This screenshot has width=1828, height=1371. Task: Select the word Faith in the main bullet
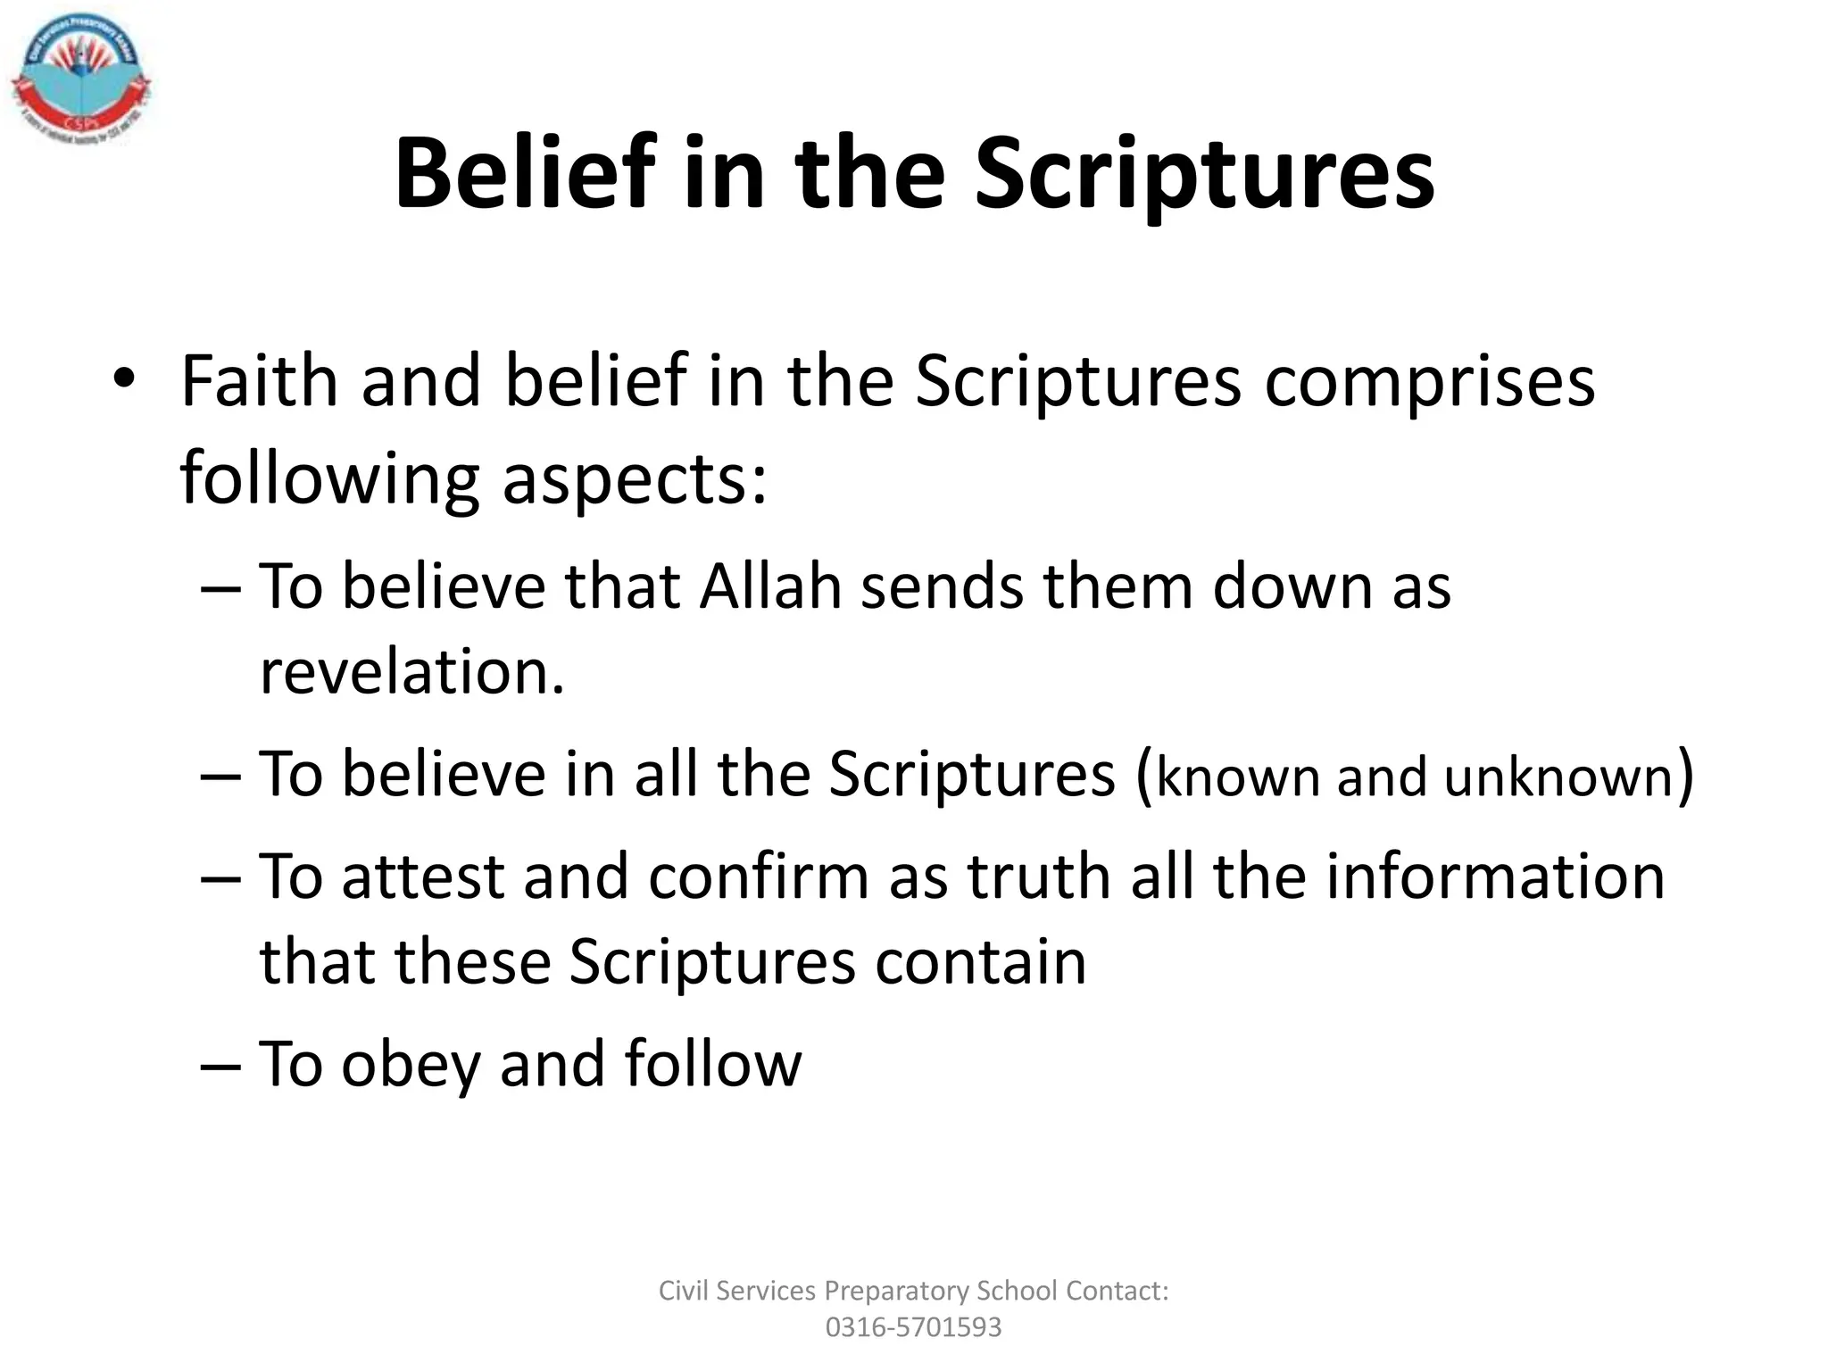(259, 382)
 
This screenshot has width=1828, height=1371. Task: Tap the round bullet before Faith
(124, 381)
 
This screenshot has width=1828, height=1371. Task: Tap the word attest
(423, 877)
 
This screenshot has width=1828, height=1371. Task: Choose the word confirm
(759, 877)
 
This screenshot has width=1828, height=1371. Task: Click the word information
(1495, 877)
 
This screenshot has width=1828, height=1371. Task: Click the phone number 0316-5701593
(913, 1327)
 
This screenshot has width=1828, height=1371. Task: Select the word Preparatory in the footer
(896, 1291)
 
